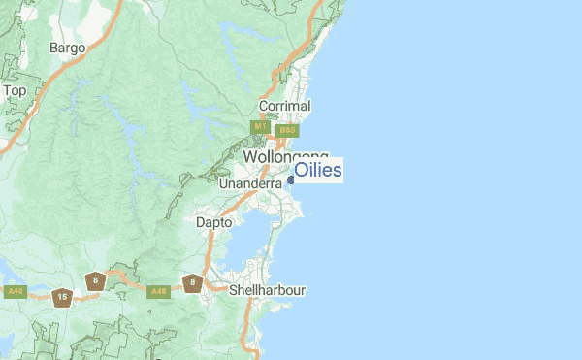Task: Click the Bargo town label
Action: (68, 48)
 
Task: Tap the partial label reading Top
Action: (15, 90)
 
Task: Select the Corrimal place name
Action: (284, 106)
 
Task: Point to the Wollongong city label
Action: (285, 157)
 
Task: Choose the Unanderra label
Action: (250, 182)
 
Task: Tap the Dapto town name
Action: (214, 222)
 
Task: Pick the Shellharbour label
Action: (268, 289)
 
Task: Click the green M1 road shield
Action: (260, 127)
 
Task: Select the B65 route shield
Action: (286, 130)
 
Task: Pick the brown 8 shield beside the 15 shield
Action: (95, 281)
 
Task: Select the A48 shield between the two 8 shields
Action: (158, 290)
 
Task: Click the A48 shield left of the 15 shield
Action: (15, 291)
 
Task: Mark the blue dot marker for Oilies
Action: (290, 179)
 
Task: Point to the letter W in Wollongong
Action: (250, 157)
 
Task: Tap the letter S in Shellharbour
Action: (233, 289)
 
